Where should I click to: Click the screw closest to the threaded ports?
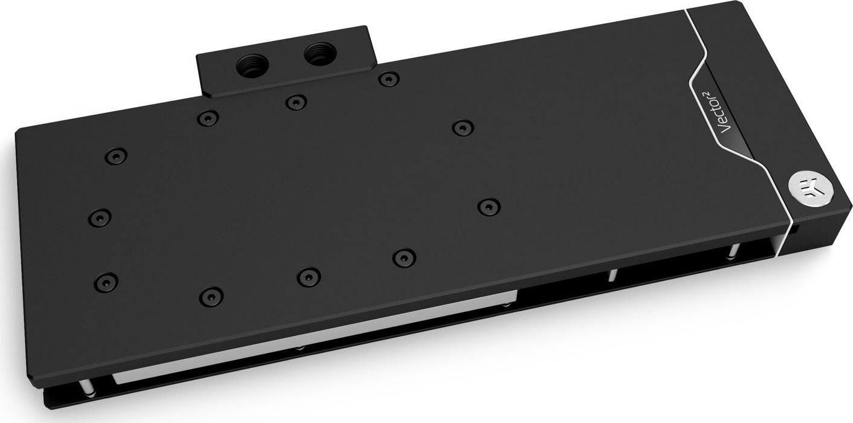pyautogui.click(x=294, y=102)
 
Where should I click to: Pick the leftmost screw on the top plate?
pyautogui.click(x=100, y=216)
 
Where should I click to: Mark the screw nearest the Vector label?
pyautogui.click(x=462, y=128)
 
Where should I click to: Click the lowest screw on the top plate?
pyautogui.click(x=211, y=295)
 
